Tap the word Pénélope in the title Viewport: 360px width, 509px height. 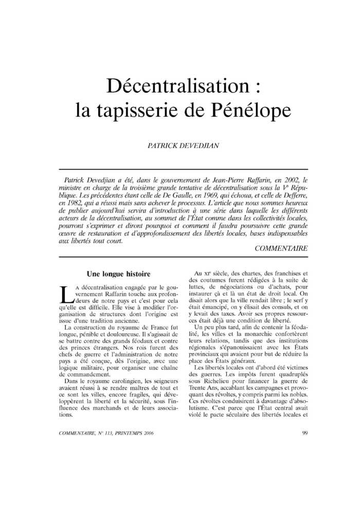[x=253, y=110]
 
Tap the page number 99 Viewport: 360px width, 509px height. [x=305, y=433]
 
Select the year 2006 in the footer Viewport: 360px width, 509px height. [x=146, y=433]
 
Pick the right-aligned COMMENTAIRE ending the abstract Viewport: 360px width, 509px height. [x=281, y=248]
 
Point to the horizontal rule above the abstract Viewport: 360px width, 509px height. [x=184, y=170]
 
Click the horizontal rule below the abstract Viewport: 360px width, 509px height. [x=184, y=257]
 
